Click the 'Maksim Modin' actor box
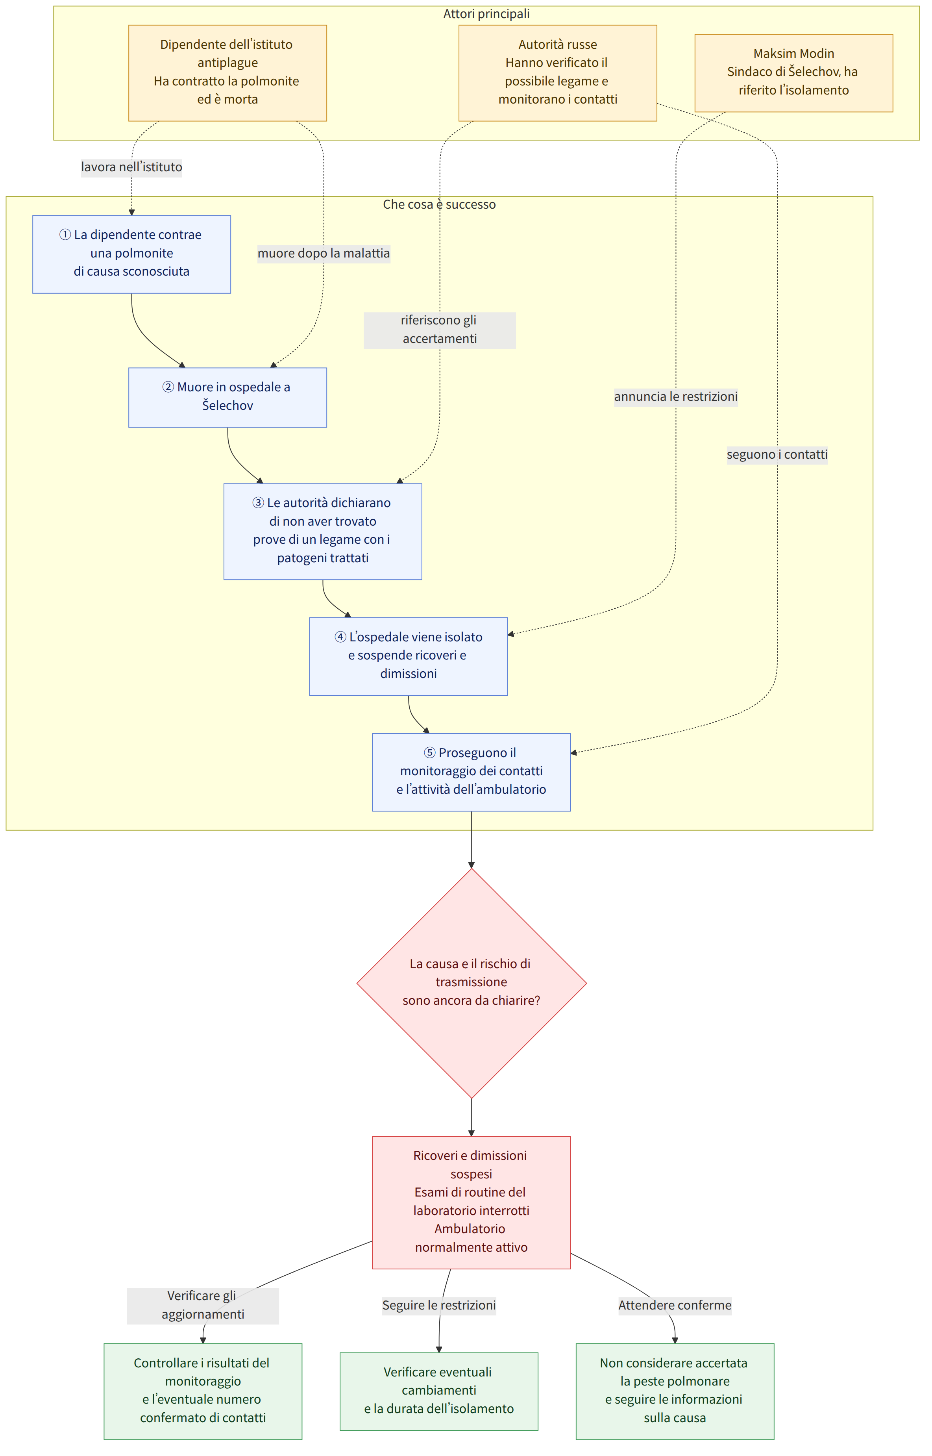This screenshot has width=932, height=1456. [x=793, y=73]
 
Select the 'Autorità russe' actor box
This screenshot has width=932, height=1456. [x=557, y=73]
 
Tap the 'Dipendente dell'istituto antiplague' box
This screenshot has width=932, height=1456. [x=227, y=73]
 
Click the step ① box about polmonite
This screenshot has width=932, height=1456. [x=131, y=254]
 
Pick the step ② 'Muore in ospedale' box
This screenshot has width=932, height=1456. [x=227, y=397]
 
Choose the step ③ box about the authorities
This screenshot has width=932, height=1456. [x=323, y=532]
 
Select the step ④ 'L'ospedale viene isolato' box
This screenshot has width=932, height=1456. [x=409, y=656]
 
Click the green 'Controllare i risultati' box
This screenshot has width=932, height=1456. [x=203, y=1391]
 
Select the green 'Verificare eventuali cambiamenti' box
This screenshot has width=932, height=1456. [x=439, y=1391]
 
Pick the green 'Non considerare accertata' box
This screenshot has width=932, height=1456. [x=675, y=1391]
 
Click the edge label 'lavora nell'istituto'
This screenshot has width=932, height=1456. [x=131, y=167]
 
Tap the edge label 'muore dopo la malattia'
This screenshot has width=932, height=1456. [x=324, y=253]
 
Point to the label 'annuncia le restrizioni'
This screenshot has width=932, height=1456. [x=676, y=396]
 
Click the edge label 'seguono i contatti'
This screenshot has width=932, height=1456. [x=777, y=455]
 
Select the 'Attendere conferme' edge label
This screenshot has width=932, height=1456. [x=675, y=1305]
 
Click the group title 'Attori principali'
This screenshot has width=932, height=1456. [x=486, y=14]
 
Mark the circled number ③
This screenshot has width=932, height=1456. [x=259, y=503]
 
